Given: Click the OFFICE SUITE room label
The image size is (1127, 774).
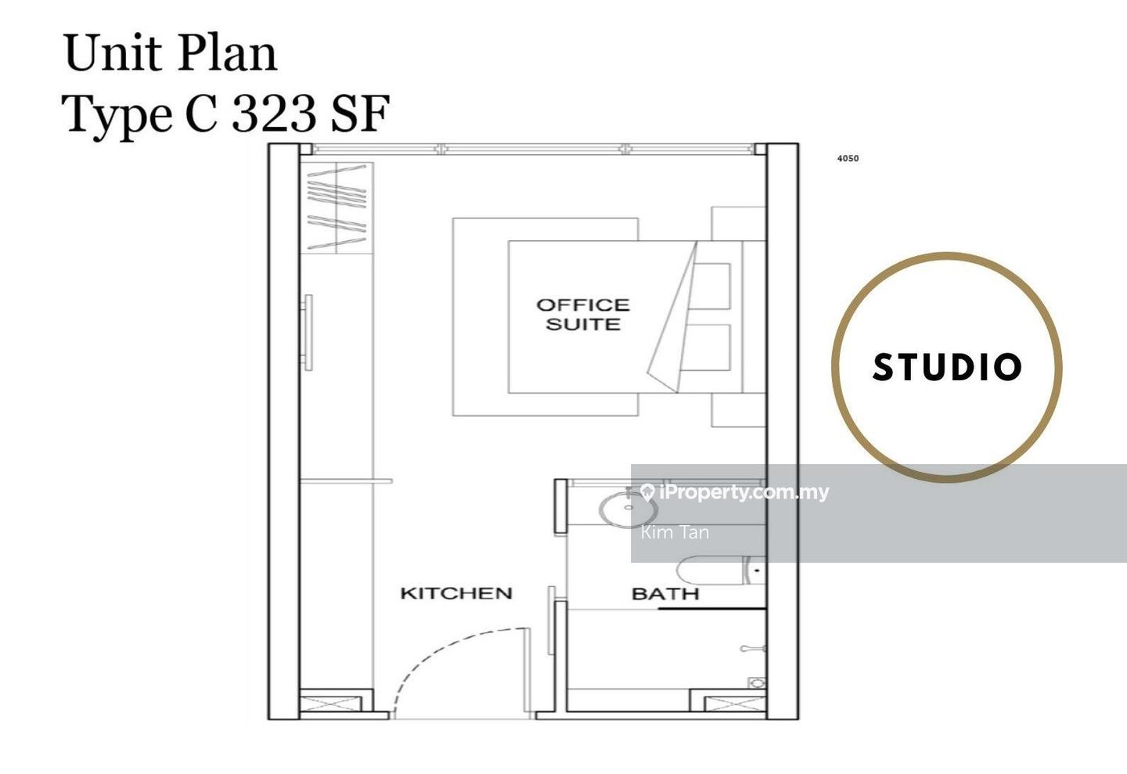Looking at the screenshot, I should (x=582, y=315).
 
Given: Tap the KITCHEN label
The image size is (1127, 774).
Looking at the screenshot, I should (x=456, y=593).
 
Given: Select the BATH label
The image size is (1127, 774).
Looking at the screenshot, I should (x=665, y=594).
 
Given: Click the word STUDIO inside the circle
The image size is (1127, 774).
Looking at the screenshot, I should (x=947, y=367).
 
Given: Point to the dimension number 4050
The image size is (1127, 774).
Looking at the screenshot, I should (x=848, y=158).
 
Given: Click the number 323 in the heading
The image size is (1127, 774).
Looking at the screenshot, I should (x=274, y=114).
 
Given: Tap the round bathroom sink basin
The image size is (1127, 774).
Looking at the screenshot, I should (x=628, y=509).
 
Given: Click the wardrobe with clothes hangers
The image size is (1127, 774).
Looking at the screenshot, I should (x=337, y=207).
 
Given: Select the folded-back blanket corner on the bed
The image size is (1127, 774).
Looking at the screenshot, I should (x=673, y=321).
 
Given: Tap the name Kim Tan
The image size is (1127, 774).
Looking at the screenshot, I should (x=675, y=533).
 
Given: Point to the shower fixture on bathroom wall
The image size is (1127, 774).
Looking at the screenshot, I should (x=753, y=649).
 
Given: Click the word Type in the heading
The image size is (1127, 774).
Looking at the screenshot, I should (x=117, y=114).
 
